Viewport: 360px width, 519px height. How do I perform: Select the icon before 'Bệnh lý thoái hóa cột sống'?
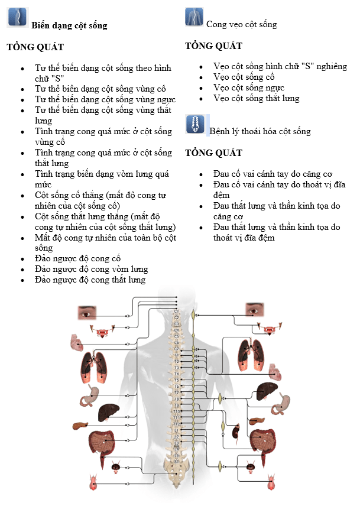point(194,124)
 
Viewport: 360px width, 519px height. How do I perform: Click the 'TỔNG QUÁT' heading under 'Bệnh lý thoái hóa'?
point(213,153)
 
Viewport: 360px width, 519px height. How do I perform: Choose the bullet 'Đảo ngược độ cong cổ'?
point(77,259)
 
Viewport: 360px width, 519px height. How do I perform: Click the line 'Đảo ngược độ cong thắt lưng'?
point(90,280)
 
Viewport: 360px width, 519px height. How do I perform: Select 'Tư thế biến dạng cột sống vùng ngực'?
point(105,99)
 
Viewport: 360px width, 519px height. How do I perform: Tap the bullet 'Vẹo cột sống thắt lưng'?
point(257,99)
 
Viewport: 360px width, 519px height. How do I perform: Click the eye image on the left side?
point(87,312)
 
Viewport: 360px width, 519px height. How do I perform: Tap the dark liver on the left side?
point(109,411)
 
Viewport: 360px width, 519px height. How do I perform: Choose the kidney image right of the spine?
point(235,431)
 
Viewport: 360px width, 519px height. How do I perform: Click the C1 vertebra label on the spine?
point(176,311)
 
